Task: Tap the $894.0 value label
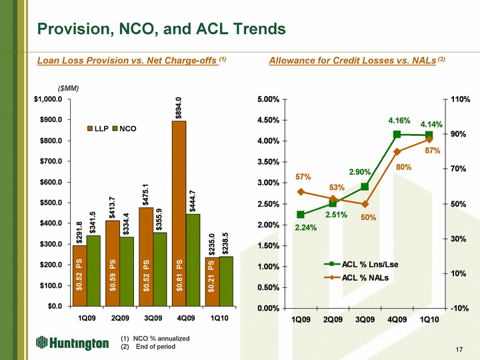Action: click(x=178, y=107)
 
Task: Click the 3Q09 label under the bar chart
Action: click(x=153, y=317)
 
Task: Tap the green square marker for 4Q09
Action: click(x=397, y=135)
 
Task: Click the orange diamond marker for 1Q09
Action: click(x=301, y=192)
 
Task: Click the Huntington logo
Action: click(x=72, y=343)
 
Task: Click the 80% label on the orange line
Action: click(x=403, y=167)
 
